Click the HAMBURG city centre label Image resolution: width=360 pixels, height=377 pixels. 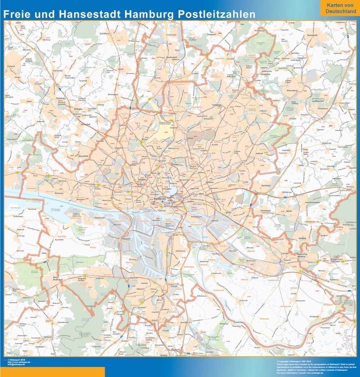(x=159, y=199)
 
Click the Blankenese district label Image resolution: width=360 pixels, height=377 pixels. (x=60, y=193)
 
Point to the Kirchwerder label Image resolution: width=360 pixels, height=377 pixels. (x=244, y=300)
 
